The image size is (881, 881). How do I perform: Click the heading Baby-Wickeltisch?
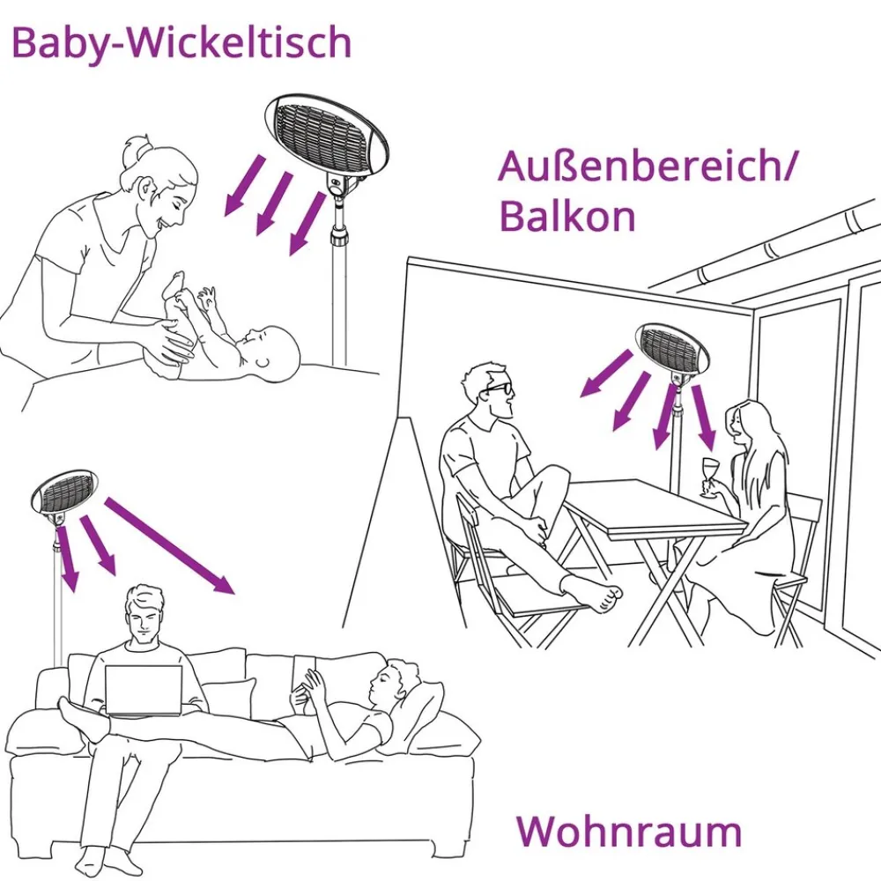point(181,43)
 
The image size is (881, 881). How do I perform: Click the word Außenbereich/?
point(647,166)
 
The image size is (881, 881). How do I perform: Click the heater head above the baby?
point(327,136)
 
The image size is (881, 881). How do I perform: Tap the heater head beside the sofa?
point(65,493)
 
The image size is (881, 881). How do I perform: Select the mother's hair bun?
point(136,148)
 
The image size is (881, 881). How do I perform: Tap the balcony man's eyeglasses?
point(497,388)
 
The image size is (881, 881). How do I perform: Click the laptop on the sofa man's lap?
point(144,691)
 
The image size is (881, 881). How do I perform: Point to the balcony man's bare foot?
point(601,597)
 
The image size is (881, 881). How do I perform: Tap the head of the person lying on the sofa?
point(392,678)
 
